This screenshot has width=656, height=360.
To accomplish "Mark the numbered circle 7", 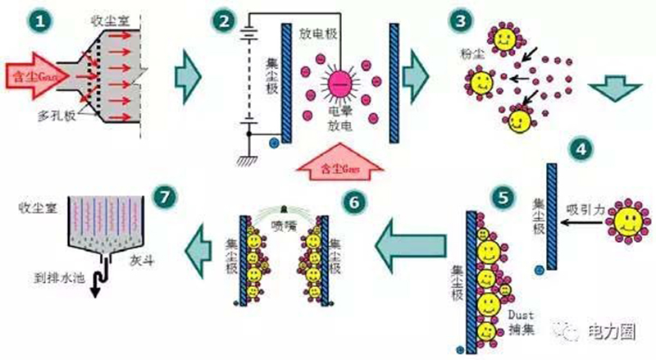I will coord(166,197).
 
